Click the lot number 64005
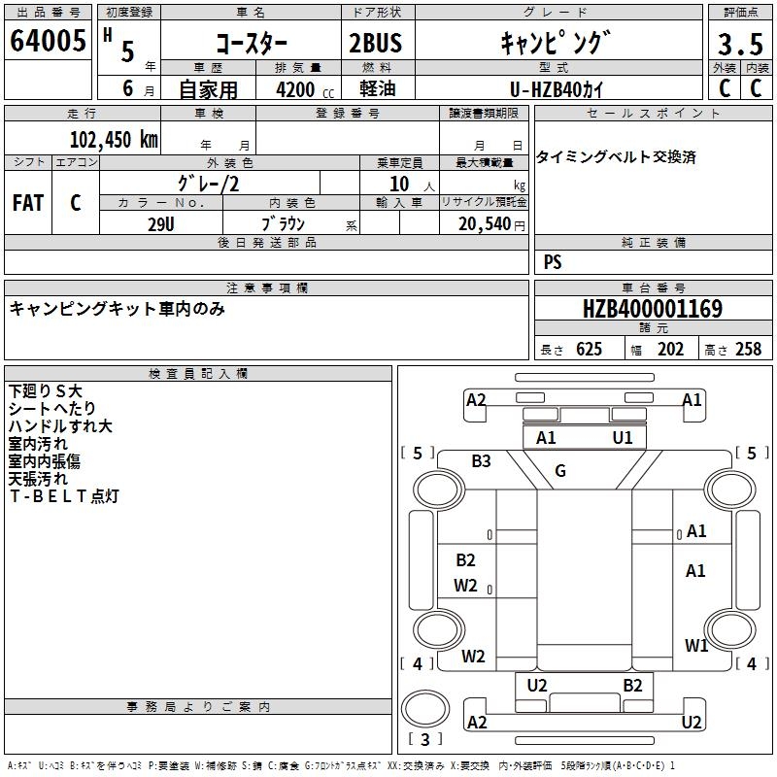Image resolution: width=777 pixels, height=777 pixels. point(47,42)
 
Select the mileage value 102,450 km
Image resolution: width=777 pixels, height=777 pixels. point(113,139)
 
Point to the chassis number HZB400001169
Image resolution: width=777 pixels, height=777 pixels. point(652,309)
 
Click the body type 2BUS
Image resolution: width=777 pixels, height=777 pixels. point(375,44)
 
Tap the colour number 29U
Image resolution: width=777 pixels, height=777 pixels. point(160,222)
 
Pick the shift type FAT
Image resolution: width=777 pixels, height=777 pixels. point(27,203)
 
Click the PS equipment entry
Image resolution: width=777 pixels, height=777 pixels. point(553,262)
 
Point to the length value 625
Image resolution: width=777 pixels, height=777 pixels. point(589,350)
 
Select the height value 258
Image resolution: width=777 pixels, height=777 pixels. point(748,350)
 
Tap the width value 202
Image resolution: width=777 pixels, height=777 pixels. point(671,350)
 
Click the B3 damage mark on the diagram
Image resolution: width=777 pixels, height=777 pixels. point(482,461)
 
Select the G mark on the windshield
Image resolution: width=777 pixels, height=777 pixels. point(560,472)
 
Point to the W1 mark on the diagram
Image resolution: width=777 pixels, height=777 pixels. point(695,645)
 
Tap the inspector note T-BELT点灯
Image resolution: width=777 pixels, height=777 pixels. point(64,496)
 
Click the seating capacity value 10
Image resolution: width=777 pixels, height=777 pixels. point(399,184)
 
